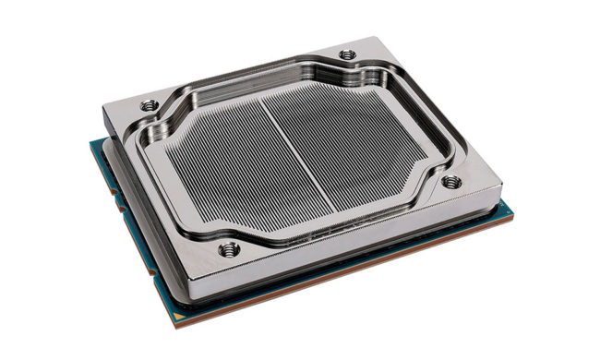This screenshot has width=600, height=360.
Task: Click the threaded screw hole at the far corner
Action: pyautogui.click(x=347, y=54)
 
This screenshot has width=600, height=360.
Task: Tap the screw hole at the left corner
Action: pyautogui.click(x=149, y=105)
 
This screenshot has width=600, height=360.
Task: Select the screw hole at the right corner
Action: pyautogui.click(x=450, y=182)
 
